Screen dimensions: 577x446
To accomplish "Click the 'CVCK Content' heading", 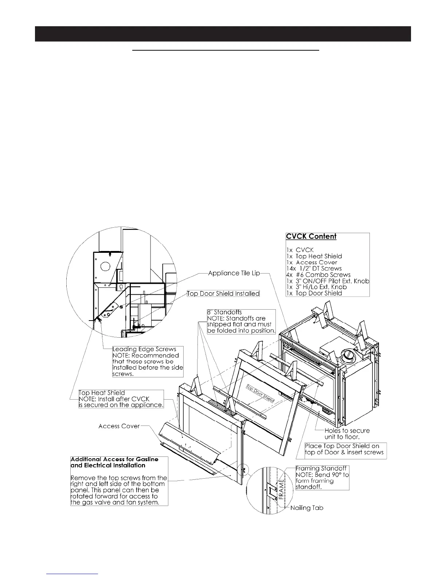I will (x=311, y=236).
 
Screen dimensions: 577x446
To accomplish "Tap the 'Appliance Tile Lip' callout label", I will (x=234, y=273).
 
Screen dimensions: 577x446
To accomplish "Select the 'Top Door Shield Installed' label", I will (x=223, y=294).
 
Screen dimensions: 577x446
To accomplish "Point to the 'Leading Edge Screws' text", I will (x=144, y=349).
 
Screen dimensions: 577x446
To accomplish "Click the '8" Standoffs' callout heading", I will (x=224, y=313).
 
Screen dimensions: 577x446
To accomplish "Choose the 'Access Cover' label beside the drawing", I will (x=119, y=426).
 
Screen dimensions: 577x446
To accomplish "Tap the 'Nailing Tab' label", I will (x=307, y=508).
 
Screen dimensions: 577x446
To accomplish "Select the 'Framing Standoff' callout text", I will (x=321, y=468).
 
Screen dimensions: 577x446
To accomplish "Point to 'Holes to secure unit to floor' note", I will (x=347, y=434).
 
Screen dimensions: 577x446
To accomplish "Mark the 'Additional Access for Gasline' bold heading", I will (x=114, y=462).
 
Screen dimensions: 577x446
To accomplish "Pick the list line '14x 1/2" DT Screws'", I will (x=314, y=268).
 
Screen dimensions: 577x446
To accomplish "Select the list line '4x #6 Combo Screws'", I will (x=318, y=275).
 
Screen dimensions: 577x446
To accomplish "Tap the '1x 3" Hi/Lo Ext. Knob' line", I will (x=316, y=287).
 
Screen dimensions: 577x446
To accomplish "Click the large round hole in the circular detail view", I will (x=105, y=266).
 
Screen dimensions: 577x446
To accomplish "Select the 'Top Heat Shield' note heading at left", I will (x=102, y=393).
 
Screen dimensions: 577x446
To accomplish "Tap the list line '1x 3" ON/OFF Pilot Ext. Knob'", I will (x=328, y=281).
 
